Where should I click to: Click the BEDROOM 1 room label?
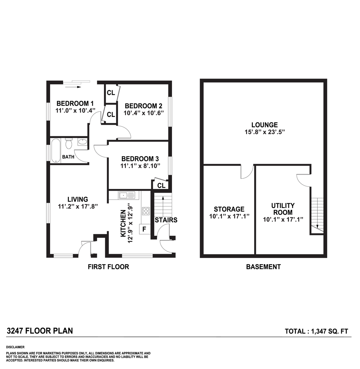[75, 104]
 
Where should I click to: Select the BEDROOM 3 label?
[140, 159]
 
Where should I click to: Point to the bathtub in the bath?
[56, 150]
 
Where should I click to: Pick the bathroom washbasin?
[82, 142]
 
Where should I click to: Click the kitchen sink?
[126, 195]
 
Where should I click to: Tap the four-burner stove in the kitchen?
[146, 211]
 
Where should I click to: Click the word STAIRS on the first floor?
[166, 220]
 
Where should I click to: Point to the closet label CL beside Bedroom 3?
[161, 186]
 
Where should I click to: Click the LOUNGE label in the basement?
[264, 125]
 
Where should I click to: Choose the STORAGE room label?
[229, 209]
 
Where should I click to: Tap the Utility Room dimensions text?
[283, 219]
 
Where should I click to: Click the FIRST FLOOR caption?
[109, 267]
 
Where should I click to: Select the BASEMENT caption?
[263, 267]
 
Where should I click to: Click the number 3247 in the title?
[16, 331]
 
